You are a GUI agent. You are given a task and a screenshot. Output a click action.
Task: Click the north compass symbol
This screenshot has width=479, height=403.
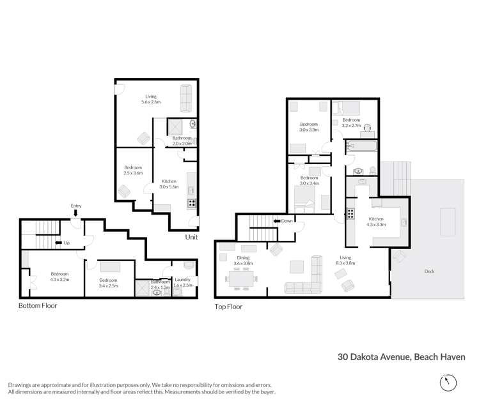click(x=449, y=383)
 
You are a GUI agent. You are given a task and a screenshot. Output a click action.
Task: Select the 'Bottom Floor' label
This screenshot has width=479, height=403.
click(x=38, y=305)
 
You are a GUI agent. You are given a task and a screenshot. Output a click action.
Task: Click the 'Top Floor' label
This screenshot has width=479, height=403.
click(x=228, y=307)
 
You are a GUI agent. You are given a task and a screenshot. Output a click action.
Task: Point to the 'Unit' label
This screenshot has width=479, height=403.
click(x=191, y=237)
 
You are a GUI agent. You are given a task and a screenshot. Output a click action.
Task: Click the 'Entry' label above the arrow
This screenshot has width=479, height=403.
click(x=76, y=206)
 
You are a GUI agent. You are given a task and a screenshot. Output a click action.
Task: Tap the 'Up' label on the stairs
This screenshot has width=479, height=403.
click(x=66, y=243)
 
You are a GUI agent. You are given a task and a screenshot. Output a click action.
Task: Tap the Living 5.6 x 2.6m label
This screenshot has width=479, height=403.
click(x=151, y=99)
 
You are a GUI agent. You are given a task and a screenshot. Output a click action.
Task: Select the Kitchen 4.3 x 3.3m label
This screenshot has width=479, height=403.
click(x=375, y=222)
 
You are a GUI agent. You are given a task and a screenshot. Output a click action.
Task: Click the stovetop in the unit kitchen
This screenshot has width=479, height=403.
click(x=191, y=203)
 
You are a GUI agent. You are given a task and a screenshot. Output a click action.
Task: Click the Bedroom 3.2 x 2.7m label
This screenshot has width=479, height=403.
click(x=352, y=122)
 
